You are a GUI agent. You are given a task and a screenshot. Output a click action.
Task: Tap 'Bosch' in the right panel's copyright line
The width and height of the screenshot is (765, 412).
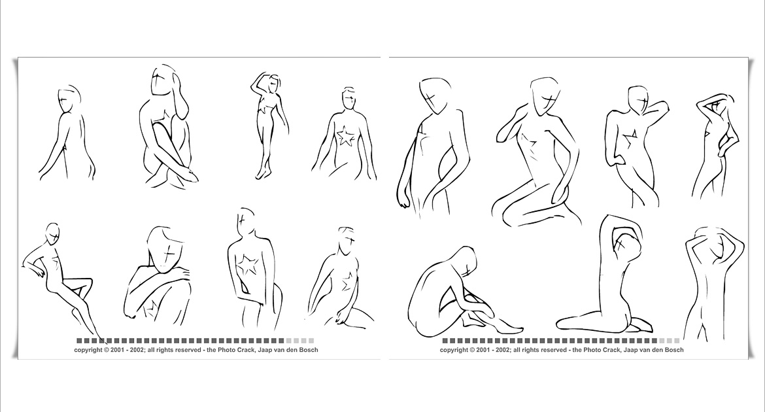673,349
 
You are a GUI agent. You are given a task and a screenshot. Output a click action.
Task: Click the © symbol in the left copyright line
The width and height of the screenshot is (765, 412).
107,349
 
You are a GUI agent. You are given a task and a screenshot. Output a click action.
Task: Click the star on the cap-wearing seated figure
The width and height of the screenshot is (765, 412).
347,136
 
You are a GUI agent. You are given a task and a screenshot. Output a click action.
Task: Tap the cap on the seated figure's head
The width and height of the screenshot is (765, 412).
348,90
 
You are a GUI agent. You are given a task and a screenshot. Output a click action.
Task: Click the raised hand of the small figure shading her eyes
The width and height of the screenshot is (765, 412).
258,78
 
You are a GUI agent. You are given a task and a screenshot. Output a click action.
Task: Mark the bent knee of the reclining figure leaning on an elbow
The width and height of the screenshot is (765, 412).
87,283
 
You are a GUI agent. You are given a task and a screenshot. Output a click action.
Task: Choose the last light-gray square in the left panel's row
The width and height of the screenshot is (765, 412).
311,341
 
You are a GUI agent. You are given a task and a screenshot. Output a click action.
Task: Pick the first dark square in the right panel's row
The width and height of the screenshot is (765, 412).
445,341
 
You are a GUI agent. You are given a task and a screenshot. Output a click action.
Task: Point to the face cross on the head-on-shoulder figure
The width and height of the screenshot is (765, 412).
168,254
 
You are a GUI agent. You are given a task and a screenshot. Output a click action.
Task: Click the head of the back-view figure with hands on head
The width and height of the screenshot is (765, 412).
716,247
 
